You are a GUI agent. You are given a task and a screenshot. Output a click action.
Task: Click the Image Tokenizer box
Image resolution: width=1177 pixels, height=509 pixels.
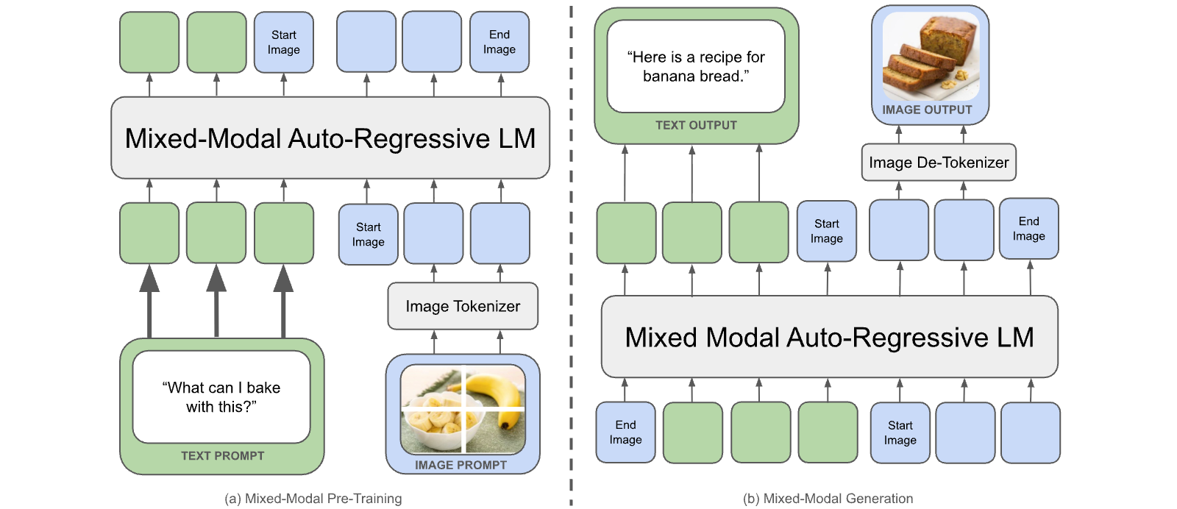point(463,306)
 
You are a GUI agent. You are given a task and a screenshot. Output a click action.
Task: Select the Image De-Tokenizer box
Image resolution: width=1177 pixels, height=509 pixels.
point(939,163)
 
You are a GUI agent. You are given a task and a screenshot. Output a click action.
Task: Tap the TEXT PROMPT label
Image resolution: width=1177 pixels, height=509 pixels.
point(222,456)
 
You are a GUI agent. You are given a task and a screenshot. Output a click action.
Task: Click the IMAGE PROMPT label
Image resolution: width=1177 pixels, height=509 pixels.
point(461,465)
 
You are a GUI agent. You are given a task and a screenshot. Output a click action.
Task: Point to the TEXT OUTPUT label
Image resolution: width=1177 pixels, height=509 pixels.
point(696,125)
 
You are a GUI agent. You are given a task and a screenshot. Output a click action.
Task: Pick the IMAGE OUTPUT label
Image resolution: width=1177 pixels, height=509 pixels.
point(927,110)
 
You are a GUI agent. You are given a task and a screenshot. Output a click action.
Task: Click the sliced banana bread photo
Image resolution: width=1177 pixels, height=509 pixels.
point(931,57)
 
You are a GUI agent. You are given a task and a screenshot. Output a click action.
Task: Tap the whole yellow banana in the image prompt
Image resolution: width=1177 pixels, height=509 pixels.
point(494,396)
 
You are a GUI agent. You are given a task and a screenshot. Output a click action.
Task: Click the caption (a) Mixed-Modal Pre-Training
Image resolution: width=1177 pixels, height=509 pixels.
point(313,499)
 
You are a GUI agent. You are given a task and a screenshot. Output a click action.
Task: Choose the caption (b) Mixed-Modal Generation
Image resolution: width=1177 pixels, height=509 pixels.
point(828,499)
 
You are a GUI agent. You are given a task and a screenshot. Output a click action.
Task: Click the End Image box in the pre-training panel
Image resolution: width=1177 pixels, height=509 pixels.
point(499,42)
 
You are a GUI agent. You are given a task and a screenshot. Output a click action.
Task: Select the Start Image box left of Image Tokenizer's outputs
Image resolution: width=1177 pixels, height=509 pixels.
point(368,235)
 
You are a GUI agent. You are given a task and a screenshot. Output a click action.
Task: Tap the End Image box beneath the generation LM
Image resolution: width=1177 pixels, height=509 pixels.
point(625,433)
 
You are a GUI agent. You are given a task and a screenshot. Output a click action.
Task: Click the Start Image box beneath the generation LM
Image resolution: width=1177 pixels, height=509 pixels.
point(900,433)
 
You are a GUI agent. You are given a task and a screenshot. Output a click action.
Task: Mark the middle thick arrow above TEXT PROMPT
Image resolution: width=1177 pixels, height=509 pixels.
point(216,301)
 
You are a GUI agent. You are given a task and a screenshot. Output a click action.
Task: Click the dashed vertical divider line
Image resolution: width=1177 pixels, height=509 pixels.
point(571,254)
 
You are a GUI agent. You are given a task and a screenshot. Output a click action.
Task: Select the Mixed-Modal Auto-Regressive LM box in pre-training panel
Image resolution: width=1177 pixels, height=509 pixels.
point(330,138)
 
